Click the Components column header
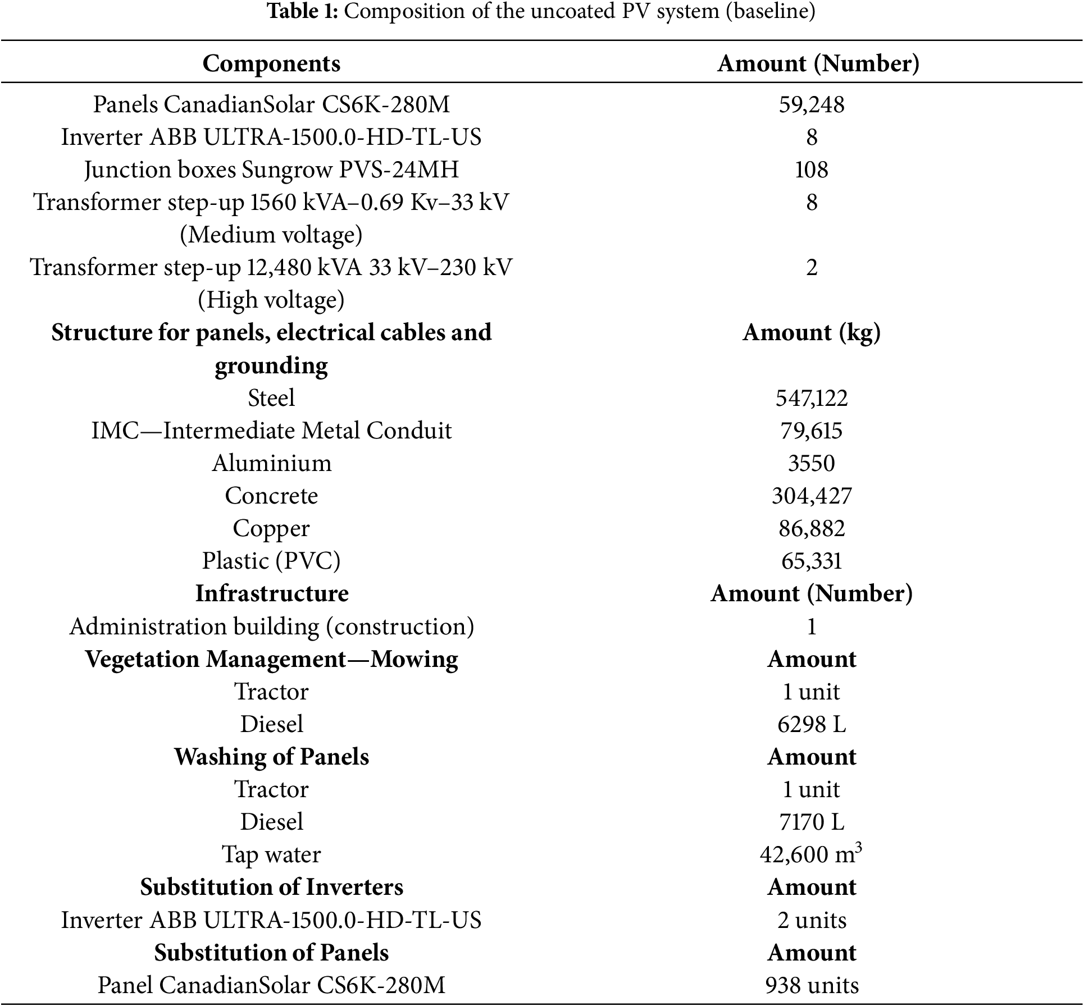click(271, 63)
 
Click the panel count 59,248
click(811, 104)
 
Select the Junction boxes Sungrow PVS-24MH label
click(271, 170)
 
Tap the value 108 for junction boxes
click(811, 170)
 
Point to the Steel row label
click(271, 398)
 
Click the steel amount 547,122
click(811, 398)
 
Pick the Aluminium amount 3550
click(811, 463)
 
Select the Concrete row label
click(271, 496)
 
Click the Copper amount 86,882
click(811, 528)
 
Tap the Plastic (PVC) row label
click(271, 561)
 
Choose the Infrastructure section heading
click(271, 593)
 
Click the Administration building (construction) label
click(271, 627)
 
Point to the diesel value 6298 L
click(811, 724)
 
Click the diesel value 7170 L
click(811, 822)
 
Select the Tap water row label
click(271, 855)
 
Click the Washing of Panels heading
click(271, 757)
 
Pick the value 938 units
click(811, 985)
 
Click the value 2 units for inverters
click(811, 920)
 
